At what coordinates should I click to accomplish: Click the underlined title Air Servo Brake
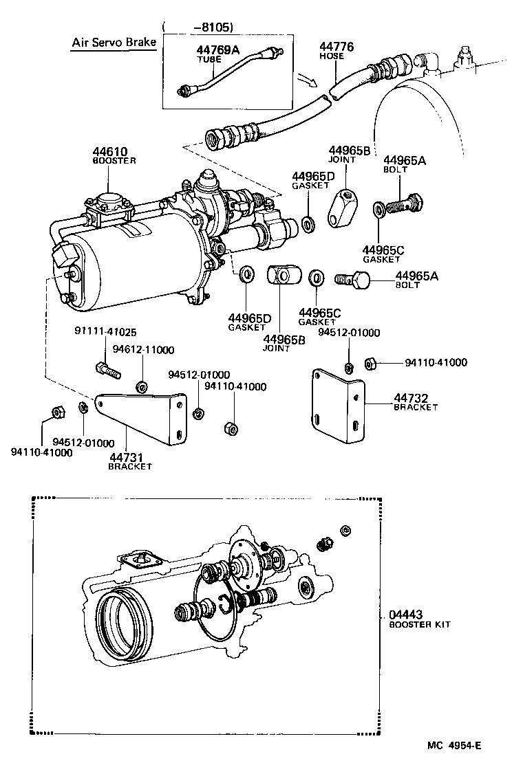tap(114, 43)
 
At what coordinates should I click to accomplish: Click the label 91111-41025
tap(102, 331)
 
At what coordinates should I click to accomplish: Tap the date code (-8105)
tap(200, 27)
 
